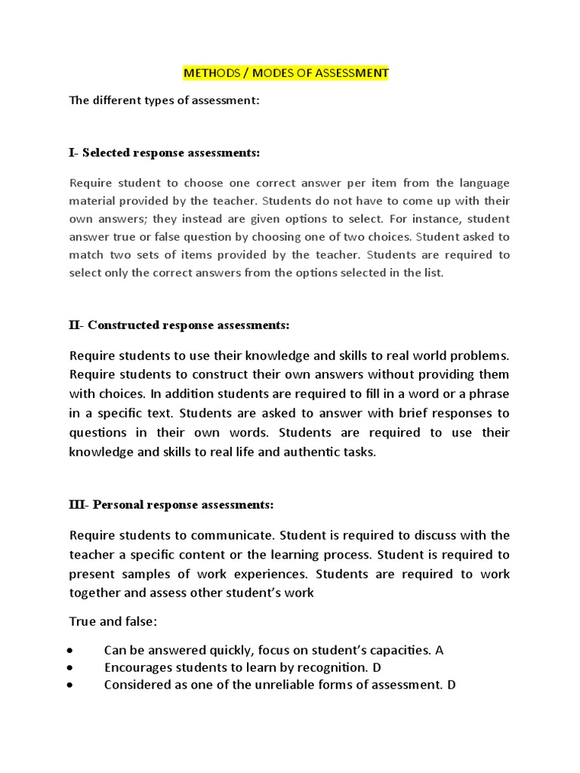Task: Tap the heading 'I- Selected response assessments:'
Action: coord(164,152)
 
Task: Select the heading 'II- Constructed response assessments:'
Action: coord(179,325)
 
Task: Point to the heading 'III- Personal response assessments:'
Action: coord(171,504)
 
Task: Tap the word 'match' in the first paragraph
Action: coord(86,254)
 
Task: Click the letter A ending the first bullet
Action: coord(440,650)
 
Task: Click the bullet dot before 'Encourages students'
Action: coord(69,667)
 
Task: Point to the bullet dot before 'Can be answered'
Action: coord(69,650)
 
